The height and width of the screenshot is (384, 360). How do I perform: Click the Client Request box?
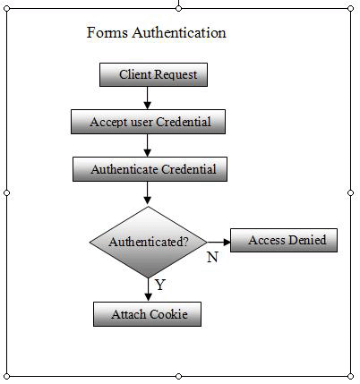click(x=153, y=74)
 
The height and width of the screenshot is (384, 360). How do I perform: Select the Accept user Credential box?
click(x=148, y=122)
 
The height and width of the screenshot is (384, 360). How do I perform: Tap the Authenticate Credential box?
click(x=150, y=169)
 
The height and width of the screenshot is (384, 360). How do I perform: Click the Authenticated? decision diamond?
click(x=149, y=242)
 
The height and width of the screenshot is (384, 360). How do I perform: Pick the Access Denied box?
click(x=284, y=240)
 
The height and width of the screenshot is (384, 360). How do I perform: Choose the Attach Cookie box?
click(x=147, y=314)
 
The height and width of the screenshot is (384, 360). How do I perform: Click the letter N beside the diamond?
click(x=212, y=257)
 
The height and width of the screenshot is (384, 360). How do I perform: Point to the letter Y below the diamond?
click(x=160, y=285)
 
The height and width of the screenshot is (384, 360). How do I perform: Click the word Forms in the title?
click(x=107, y=32)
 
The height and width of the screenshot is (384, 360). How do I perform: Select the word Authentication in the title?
click(x=179, y=32)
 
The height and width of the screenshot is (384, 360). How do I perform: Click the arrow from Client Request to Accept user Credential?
click(x=148, y=98)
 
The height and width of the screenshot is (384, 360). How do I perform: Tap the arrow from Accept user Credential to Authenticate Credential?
click(x=148, y=145)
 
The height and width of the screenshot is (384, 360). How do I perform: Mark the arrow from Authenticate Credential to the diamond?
click(x=148, y=193)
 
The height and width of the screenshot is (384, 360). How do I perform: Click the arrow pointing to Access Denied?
click(x=219, y=242)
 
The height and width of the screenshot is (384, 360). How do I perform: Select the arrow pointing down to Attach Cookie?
click(x=148, y=290)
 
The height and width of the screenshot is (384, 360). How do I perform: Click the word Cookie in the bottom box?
click(x=168, y=314)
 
